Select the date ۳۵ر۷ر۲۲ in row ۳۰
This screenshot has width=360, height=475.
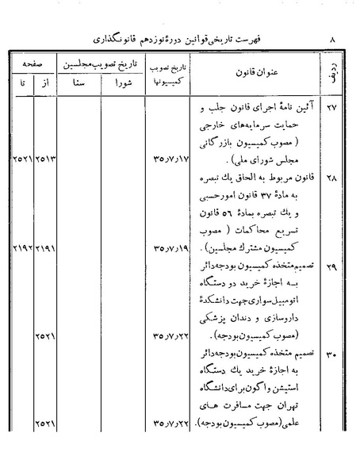(164, 426)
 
